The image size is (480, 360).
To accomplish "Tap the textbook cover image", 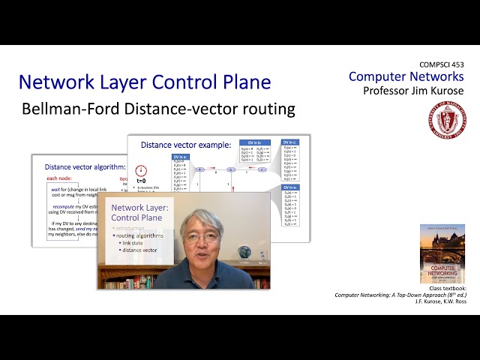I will [442, 253].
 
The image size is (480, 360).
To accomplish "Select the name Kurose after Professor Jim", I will [442, 91].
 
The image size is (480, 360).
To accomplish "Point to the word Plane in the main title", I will [242, 82].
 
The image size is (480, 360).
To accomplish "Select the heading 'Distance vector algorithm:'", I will [82, 166].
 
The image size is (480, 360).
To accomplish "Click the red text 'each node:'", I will [61, 179].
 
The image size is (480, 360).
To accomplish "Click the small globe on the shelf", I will [244, 253].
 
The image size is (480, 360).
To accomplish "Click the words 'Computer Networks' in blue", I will [406, 76].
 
